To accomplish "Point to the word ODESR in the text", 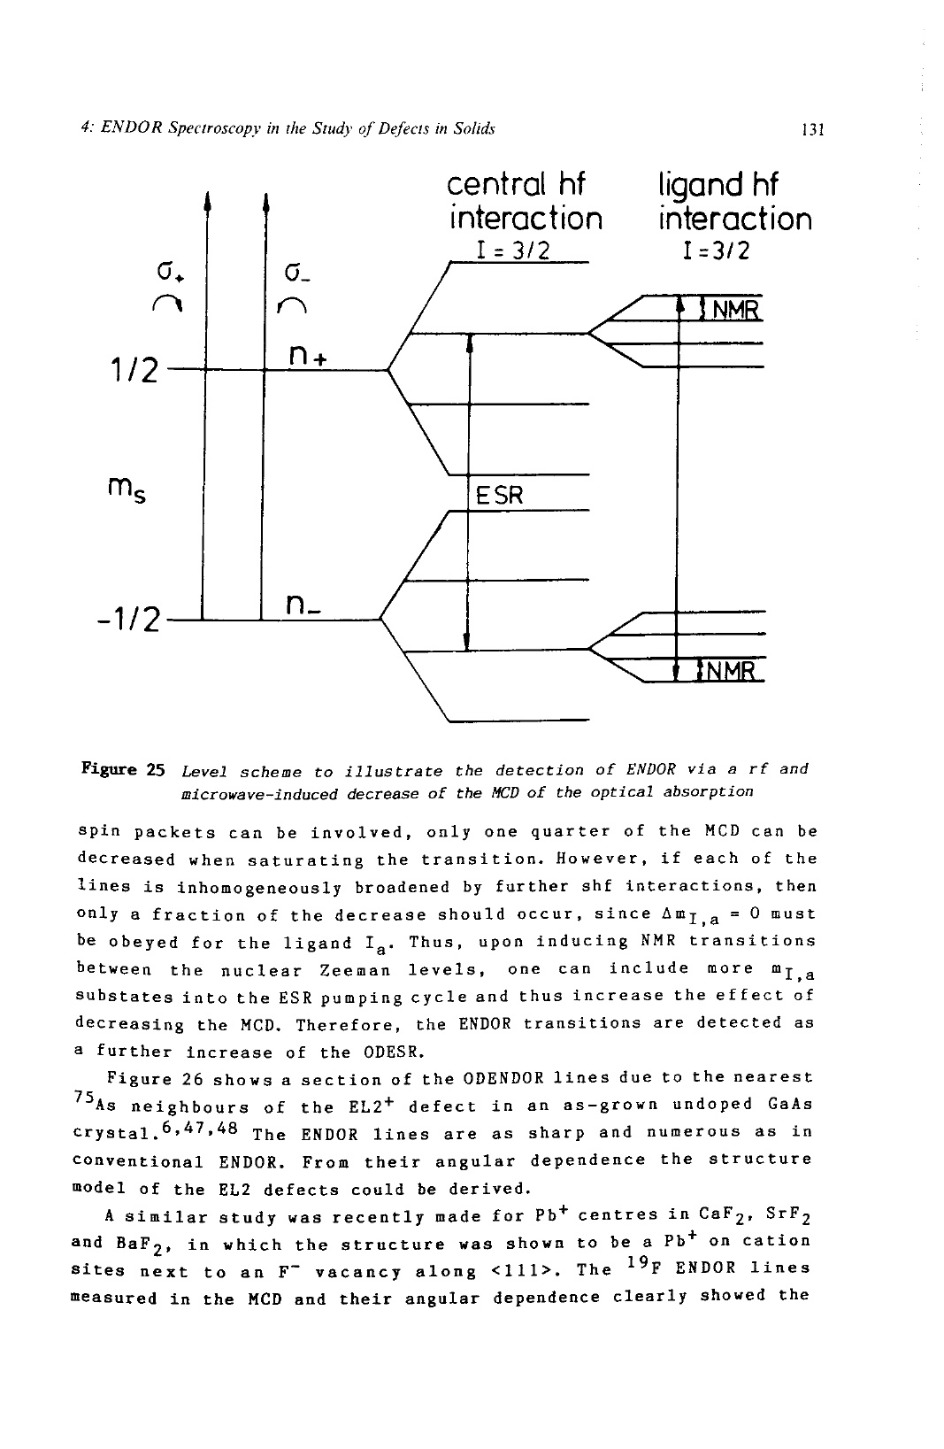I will tap(393, 1052).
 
